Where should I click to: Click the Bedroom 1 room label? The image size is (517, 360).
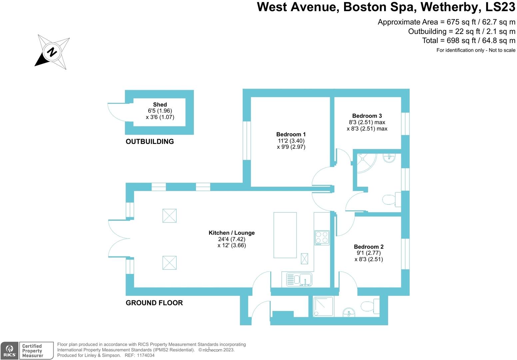[291, 134]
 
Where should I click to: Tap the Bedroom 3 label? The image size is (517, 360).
[367, 116]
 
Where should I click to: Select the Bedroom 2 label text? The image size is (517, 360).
[368, 247]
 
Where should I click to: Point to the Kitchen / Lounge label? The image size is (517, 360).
[232, 233]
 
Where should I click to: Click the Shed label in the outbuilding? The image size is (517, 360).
[160, 105]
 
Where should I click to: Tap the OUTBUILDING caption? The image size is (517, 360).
[150, 141]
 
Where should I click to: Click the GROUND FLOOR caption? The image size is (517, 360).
[154, 303]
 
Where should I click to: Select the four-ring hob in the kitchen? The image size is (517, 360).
[322, 238]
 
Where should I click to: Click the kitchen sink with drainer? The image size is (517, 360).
[299, 280]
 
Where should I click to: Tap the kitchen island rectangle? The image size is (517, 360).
[285, 235]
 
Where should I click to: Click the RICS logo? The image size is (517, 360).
[9, 351]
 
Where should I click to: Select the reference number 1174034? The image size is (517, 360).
[146, 355]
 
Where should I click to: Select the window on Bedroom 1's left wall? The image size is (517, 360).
[247, 140]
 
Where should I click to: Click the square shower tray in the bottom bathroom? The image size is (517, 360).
[323, 307]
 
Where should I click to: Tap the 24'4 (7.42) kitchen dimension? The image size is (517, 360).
[232, 239]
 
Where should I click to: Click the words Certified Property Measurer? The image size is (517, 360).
[33, 351]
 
